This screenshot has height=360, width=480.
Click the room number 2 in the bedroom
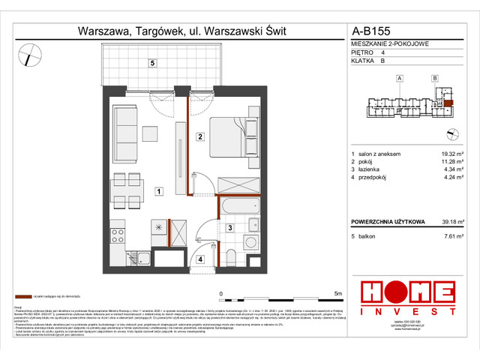[x=199, y=136]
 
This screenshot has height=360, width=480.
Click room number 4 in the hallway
[x=200, y=259]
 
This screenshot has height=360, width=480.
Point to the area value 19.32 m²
[x=451, y=154]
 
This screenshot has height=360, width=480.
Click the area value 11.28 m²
[x=451, y=161]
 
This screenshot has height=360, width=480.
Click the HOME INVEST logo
[x=407, y=297]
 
